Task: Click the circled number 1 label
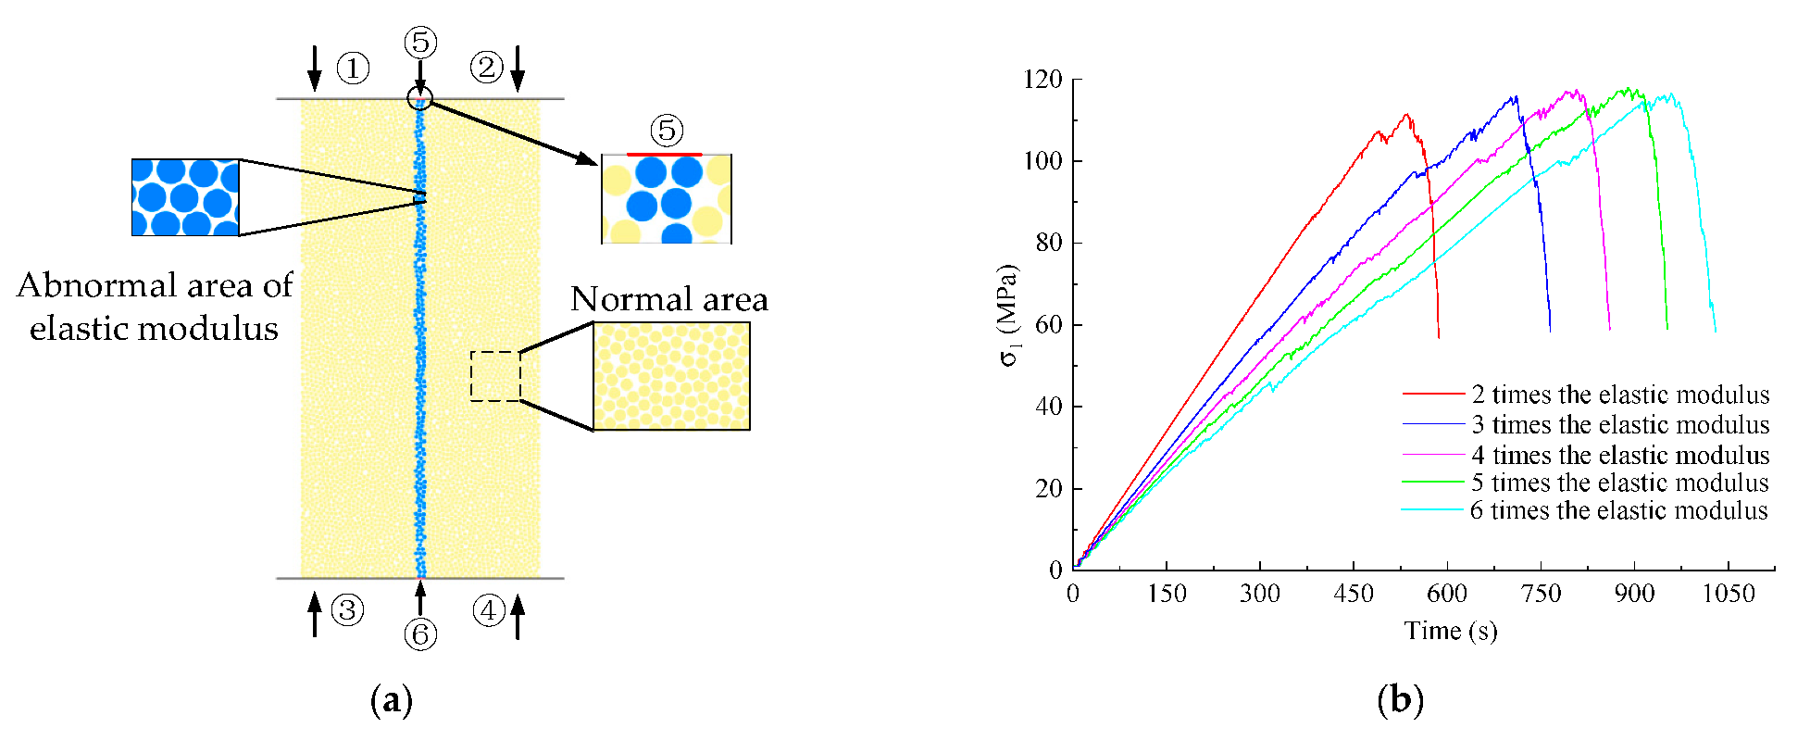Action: coord(353,68)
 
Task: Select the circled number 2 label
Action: coord(486,67)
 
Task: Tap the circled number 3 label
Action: coord(347,610)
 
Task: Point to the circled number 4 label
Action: coord(488,610)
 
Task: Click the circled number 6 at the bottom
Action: coord(420,634)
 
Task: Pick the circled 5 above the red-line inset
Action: coord(667,131)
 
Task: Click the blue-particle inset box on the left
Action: coord(186,197)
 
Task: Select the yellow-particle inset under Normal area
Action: coord(671,376)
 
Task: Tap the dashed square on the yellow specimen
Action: coord(495,376)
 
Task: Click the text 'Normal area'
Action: coord(669,299)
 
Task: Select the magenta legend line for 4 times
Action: coord(1434,455)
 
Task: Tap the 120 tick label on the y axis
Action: coord(1042,80)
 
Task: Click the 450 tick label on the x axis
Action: coord(1354,594)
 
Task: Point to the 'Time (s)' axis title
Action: coord(1450,631)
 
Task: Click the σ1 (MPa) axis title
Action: coord(1009,316)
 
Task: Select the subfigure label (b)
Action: coord(1400,699)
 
